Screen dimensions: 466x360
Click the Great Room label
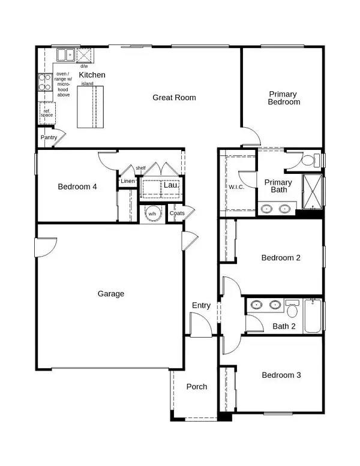(x=174, y=97)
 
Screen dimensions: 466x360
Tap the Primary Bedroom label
(x=284, y=98)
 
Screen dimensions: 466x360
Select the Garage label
(x=111, y=294)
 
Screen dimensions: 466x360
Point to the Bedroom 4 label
(x=77, y=187)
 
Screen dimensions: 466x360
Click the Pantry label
(x=49, y=138)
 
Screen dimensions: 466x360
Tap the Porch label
(x=197, y=387)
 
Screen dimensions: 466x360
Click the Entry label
(x=201, y=306)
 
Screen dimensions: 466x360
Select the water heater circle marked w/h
(x=152, y=214)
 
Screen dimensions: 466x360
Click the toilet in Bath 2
(x=293, y=309)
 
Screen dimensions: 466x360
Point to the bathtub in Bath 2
(x=314, y=316)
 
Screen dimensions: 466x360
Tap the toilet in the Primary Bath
(x=308, y=160)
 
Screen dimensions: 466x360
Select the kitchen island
(x=90, y=106)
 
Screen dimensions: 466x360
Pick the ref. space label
(x=47, y=112)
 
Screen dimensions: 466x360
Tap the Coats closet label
(x=177, y=214)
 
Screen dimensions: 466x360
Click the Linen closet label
(x=128, y=181)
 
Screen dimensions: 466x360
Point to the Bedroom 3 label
(x=281, y=375)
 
